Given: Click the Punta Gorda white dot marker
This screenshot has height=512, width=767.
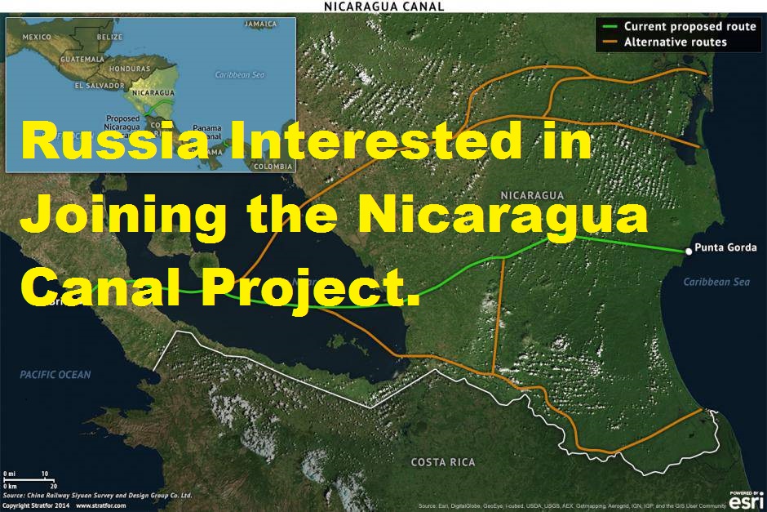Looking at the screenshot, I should click(x=689, y=252).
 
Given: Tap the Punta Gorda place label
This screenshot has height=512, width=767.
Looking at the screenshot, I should click(x=720, y=248).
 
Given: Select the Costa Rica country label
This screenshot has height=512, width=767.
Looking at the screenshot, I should click(x=442, y=462).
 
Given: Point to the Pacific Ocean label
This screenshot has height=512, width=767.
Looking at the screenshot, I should click(x=55, y=375).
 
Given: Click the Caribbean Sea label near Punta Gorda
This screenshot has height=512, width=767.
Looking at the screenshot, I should click(x=716, y=282).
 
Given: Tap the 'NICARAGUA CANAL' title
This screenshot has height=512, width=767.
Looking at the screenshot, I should click(x=383, y=6).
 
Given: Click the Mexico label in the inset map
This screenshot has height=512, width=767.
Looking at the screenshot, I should click(x=37, y=38).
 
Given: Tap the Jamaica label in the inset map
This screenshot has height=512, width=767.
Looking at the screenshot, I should click(x=260, y=24).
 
